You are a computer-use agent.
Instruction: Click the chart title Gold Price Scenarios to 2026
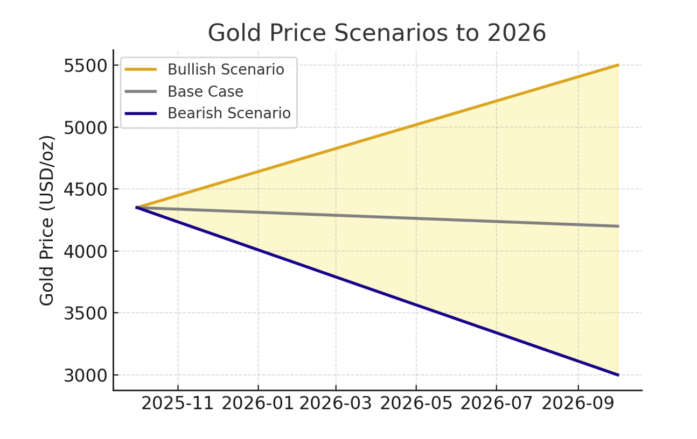tap(377, 33)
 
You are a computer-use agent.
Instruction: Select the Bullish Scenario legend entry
tap(225, 69)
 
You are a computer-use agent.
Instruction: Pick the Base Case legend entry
tap(205, 91)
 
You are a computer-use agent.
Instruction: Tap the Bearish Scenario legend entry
tap(228, 114)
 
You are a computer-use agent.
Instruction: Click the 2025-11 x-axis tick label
tap(178, 404)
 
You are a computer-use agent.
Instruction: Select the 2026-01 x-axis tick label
tap(258, 404)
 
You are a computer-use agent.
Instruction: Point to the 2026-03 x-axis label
tap(336, 404)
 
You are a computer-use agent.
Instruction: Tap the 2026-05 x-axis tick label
tap(416, 404)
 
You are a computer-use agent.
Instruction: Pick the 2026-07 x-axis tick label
tap(496, 404)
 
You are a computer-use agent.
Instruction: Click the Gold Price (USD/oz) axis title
tap(47, 220)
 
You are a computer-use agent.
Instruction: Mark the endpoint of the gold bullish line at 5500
tap(618, 65)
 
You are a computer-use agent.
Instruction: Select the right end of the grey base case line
tap(618, 226)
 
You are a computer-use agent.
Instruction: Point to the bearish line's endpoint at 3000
tap(618, 374)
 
